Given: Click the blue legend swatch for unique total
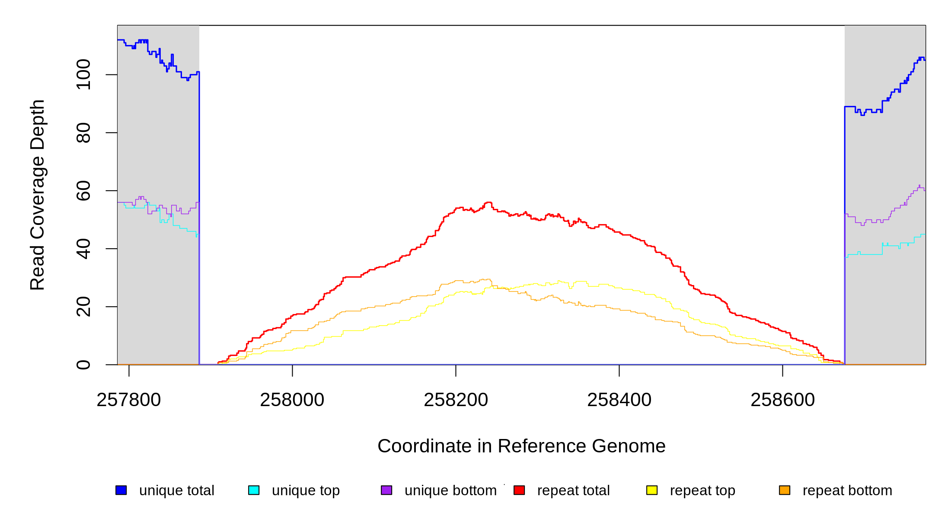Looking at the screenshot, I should [121, 490].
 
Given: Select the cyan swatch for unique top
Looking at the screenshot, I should [254, 490].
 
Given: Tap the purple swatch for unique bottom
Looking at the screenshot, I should [386, 490].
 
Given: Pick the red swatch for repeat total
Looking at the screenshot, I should [519, 490].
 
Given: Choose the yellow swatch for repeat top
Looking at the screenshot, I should [652, 490].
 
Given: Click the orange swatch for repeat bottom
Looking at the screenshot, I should [785, 490].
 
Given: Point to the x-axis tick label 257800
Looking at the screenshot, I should [129, 400].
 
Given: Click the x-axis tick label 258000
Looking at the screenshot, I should [292, 400].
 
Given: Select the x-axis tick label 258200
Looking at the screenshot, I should [456, 400].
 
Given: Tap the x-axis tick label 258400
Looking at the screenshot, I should [619, 400].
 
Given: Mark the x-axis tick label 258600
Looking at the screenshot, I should [782, 400].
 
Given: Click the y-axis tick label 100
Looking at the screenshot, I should [83, 75].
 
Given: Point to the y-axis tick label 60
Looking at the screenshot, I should [83, 191].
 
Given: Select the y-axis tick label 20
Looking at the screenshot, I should [83, 307].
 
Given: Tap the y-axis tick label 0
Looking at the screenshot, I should [83, 365].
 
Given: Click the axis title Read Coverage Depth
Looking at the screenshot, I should [38, 195].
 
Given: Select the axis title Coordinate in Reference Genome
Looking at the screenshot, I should [521, 446].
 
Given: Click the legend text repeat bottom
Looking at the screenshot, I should [847, 490].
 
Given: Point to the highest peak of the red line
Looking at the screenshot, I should [488, 202].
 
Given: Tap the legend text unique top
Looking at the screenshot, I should [306, 490].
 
